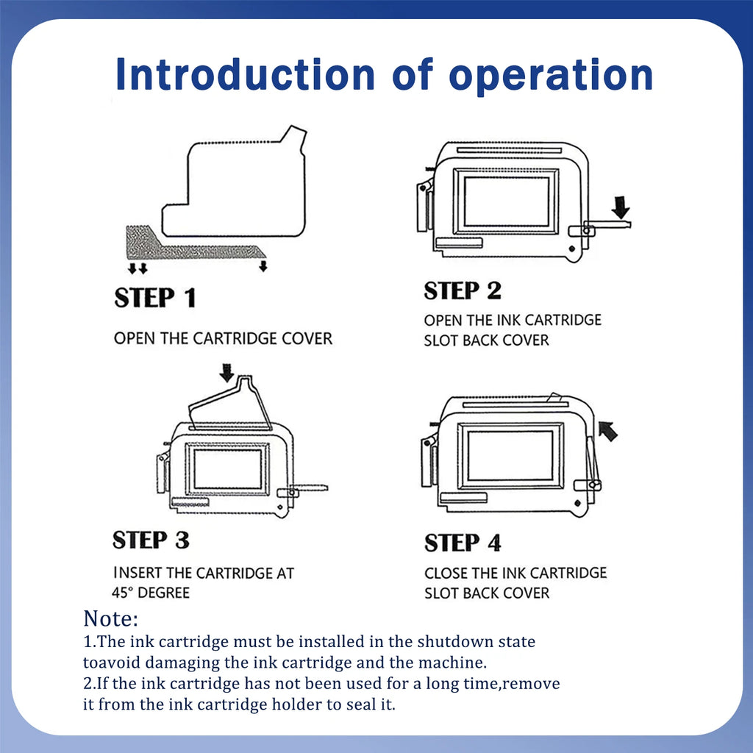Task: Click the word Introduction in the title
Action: tap(245, 74)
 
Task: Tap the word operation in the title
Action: tap(551, 76)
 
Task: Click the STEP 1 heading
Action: tap(155, 297)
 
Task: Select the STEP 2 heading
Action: tap(463, 290)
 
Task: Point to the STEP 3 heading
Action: tap(151, 540)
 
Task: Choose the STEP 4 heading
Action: tap(463, 543)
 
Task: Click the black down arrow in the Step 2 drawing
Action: tap(621, 207)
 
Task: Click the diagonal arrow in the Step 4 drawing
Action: tap(608, 431)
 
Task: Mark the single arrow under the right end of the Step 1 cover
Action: tap(263, 266)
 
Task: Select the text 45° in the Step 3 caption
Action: tap(123, 593)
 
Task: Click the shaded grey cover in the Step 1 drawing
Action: tap(192, 246)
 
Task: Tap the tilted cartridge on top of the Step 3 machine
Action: tap(229, 404)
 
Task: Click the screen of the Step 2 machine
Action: tap(507, 201)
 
